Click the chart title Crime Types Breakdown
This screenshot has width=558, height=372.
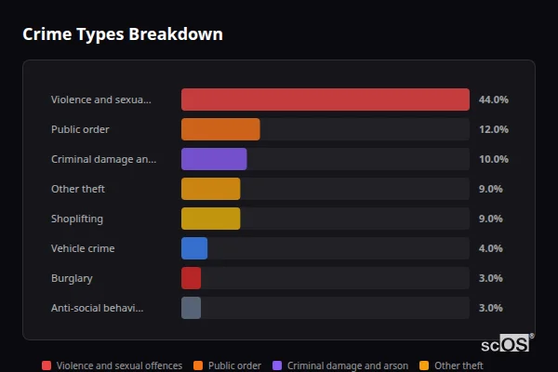point(122,34)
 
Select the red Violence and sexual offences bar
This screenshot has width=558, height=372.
point(325,100)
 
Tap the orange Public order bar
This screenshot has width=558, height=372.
point(220,129)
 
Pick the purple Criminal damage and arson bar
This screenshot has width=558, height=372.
point(214,159)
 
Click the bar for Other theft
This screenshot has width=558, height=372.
point(210,189)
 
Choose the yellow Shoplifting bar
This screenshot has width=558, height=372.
point(210,219)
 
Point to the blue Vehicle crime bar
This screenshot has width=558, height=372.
point(194,248)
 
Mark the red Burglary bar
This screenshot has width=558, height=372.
point(191,278)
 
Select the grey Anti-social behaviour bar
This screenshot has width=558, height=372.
point(191,308)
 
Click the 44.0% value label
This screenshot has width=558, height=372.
point(493,100)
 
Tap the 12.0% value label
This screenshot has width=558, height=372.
point(493,129)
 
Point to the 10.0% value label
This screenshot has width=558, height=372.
point(493,159)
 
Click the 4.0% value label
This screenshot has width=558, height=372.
point(490,248)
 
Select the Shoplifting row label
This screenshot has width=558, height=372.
point(77,219)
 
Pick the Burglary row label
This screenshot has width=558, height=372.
point(72,278)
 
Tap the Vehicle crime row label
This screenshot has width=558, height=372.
point(83,248)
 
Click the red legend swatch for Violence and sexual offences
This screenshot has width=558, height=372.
point(46,365)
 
